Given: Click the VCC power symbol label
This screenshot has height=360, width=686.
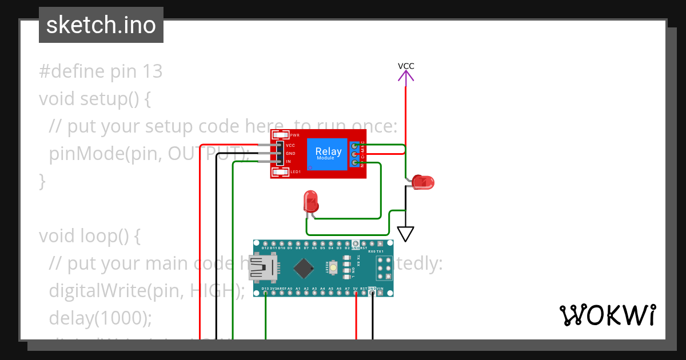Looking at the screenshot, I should [406, 66].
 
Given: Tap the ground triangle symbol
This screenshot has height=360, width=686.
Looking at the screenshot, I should [405, 234].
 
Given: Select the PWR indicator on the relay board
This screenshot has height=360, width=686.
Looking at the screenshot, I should [281, 135].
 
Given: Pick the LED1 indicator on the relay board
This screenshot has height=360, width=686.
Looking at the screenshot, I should [281, 171].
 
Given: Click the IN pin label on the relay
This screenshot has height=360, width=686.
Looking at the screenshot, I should [289, 162].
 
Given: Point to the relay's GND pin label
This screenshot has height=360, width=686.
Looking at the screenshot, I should [290, 154].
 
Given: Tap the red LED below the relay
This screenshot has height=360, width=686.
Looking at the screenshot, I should [311, 201].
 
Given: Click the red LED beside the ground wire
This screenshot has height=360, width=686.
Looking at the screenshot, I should [424, 182].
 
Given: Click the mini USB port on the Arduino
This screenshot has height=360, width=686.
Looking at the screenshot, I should [262, 267].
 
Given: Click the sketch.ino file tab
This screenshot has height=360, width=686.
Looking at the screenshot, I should [101, 25].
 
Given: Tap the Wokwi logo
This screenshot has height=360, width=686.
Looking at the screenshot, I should [607, 315].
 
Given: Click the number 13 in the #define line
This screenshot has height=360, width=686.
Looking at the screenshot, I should [151, 71].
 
